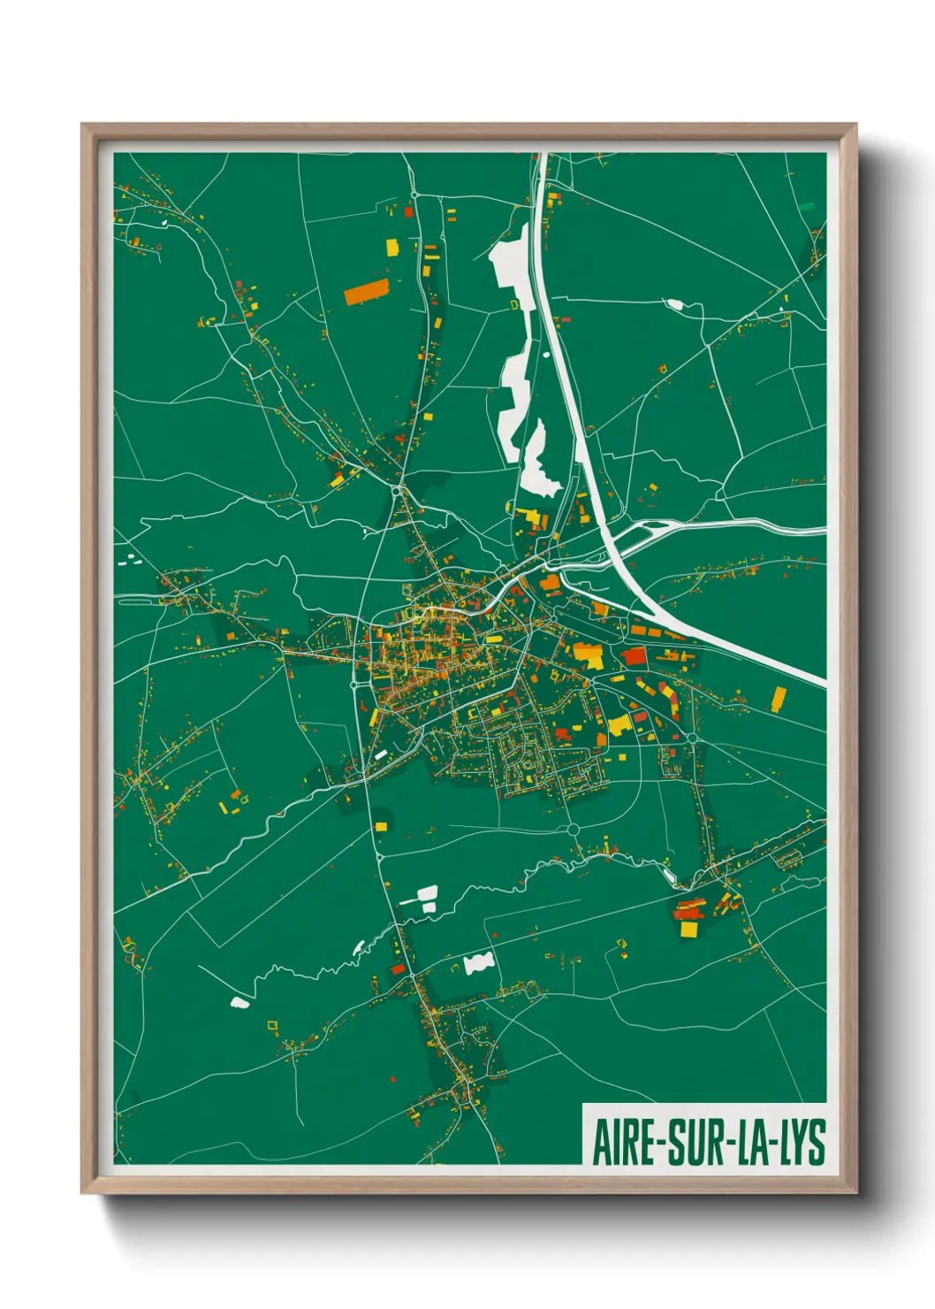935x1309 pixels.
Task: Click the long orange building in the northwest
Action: [367, 292]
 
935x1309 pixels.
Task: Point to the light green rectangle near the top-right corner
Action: [807, 205]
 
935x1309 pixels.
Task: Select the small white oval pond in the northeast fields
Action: [675, 304]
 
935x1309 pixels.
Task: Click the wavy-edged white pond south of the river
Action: [478, 963]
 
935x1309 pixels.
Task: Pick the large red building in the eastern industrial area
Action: [635, 655]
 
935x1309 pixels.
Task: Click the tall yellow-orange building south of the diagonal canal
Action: [778, 699]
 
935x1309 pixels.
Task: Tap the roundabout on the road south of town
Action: [573, 829]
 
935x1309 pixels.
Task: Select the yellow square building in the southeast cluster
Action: [688, 930]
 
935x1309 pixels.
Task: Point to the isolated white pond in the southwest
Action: [239, 1002]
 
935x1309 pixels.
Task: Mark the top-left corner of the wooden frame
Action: [82, 125]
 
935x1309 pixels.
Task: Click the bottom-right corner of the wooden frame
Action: [855, 1192]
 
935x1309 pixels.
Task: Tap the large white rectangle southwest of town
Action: [426, 894]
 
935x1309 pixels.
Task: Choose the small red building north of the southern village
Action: [398, 970]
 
